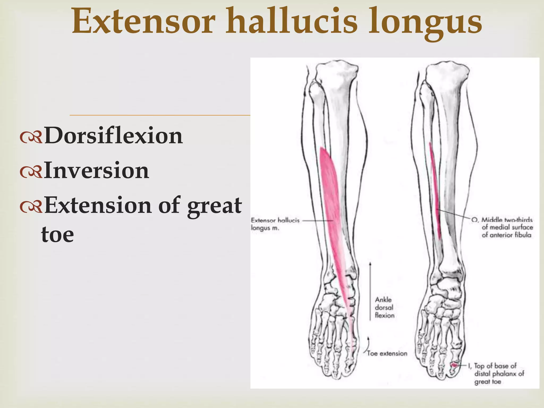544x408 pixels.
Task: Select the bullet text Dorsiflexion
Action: pos(113,136)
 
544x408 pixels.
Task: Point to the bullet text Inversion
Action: pos(96,171)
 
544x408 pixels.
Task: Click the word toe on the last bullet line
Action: pos(57,235)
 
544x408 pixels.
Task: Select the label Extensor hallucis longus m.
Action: pos(275,224)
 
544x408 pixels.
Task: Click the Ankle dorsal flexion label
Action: pos(384,307)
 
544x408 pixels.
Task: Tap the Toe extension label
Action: pos(387,353)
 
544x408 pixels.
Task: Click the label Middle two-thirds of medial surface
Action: pos(507,227)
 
